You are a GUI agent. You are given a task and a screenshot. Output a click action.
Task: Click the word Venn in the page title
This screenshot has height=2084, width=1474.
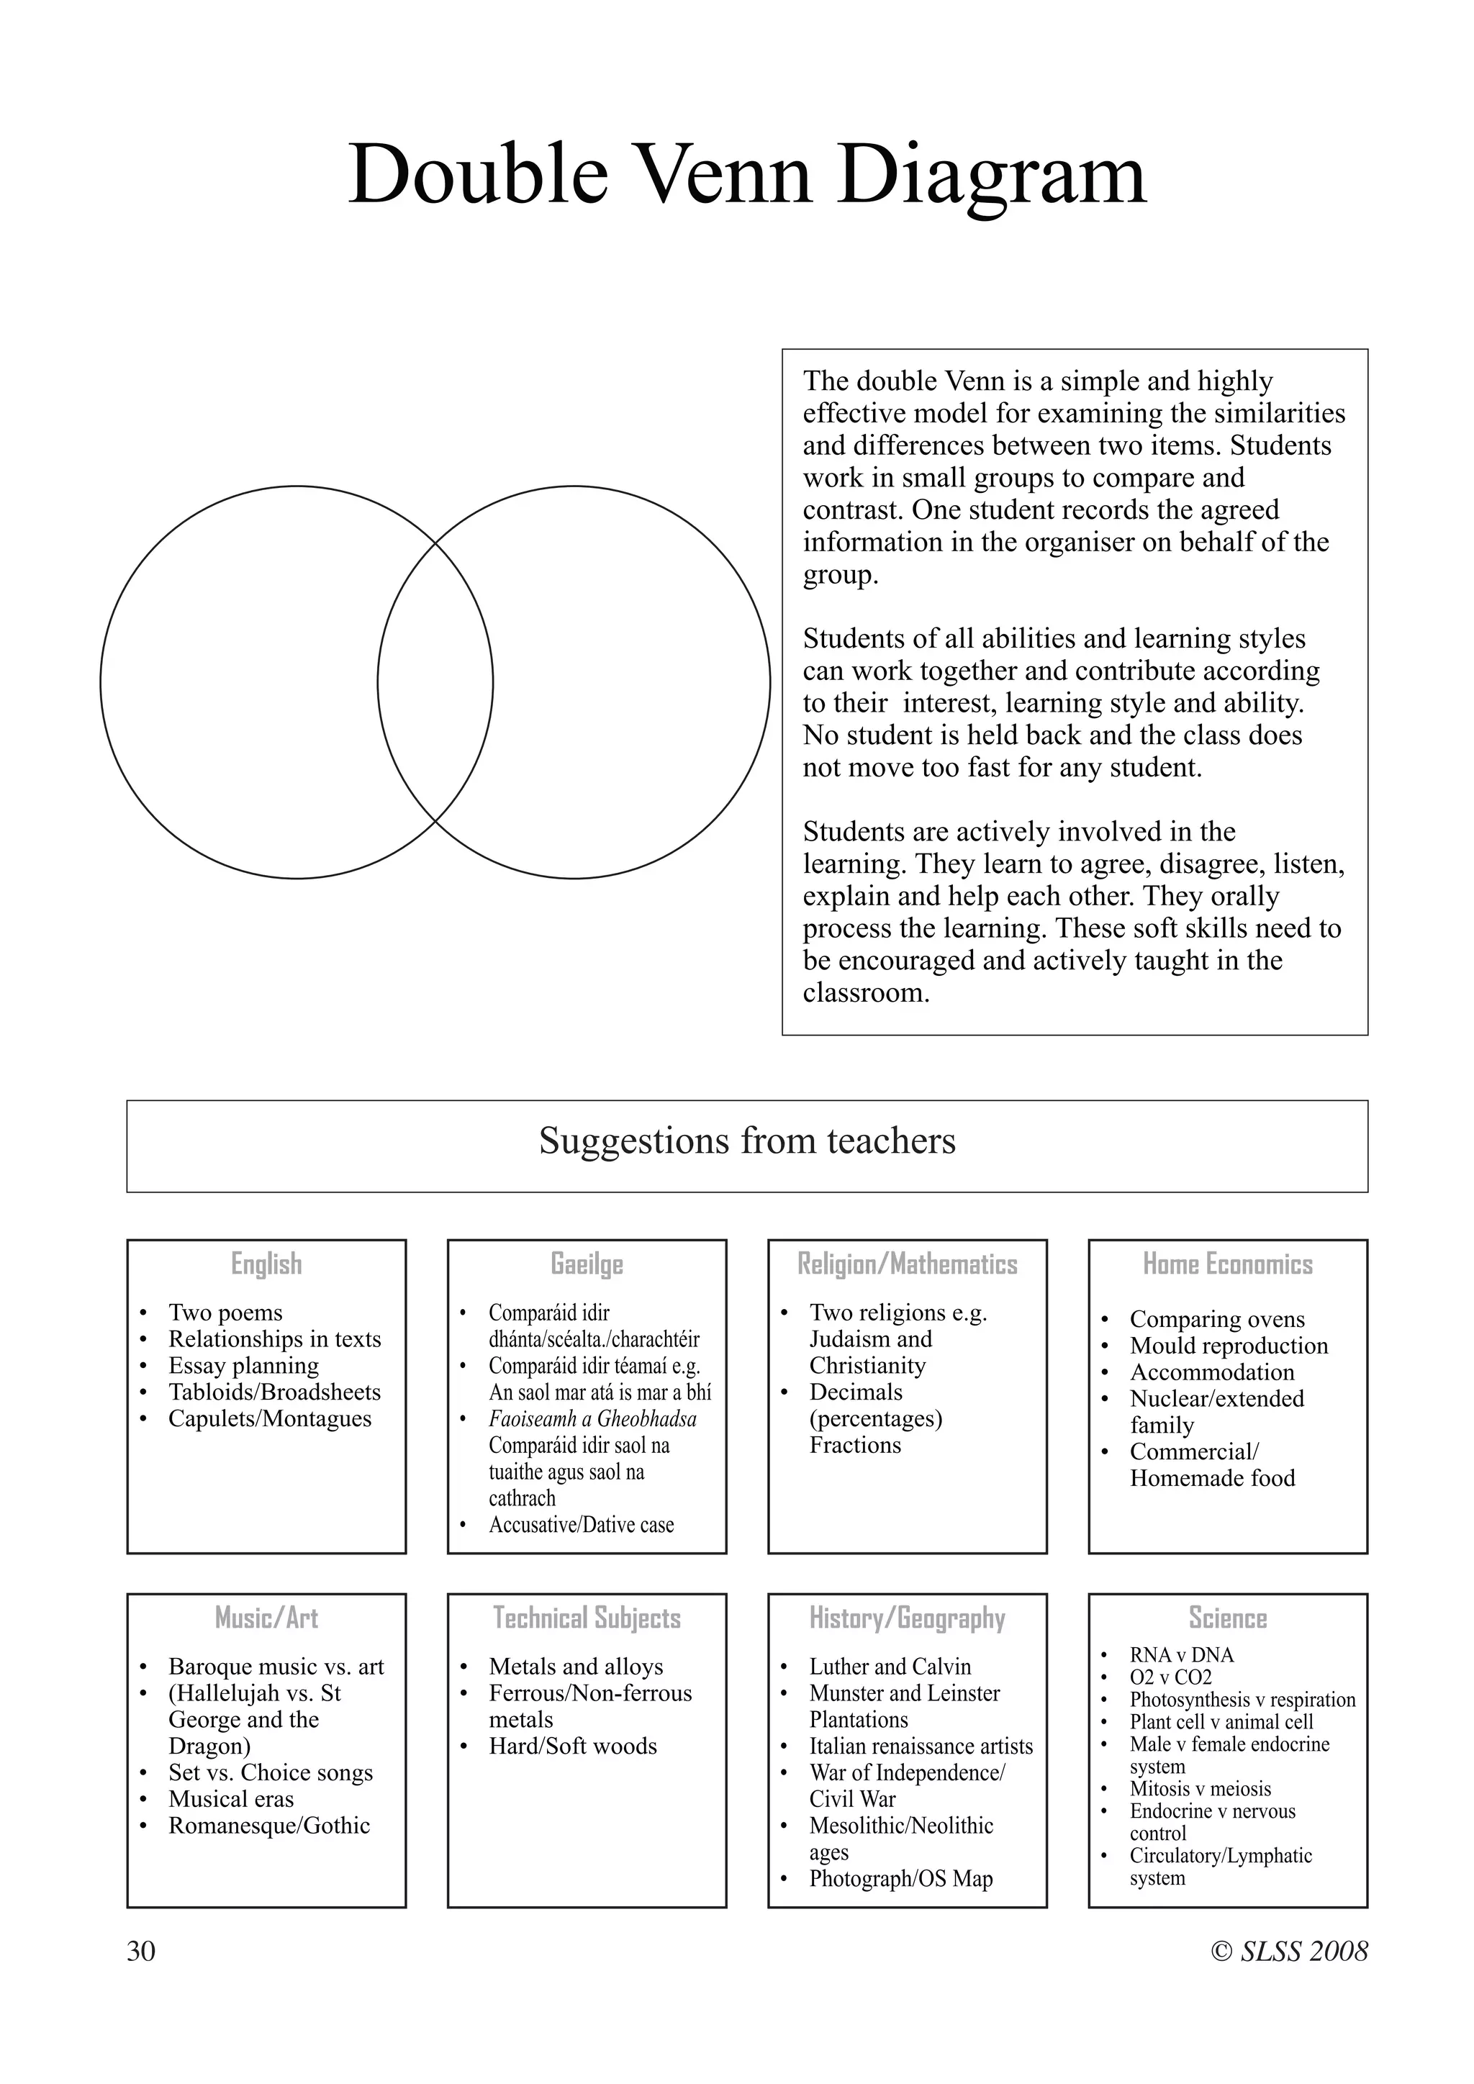[726, 174]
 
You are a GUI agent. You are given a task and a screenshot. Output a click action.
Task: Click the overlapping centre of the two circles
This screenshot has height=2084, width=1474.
[435, 683]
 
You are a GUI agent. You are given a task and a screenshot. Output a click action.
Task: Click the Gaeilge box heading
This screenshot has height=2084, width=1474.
[587, 1264]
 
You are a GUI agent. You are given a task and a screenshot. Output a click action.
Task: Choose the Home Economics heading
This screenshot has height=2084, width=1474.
[1227, 1264]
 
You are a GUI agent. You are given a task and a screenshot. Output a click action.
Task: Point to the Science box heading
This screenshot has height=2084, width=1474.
[1227, 1618]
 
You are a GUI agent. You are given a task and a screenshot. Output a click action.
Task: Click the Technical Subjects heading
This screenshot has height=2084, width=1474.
[587, 1618]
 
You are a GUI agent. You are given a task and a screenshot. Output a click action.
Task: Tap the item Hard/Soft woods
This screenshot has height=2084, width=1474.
[573, 1746]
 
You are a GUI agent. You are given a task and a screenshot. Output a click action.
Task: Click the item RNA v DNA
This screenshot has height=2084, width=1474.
[1181, 1654]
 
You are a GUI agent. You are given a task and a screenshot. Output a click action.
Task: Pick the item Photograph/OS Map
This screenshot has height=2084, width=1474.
[900, 1879]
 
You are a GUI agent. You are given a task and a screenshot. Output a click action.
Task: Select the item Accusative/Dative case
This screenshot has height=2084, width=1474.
[581, 1525]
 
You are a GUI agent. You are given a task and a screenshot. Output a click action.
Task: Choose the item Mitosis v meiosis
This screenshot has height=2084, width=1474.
[1200, 1789]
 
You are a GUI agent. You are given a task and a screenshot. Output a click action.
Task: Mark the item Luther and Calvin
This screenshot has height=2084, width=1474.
[890, 1667]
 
